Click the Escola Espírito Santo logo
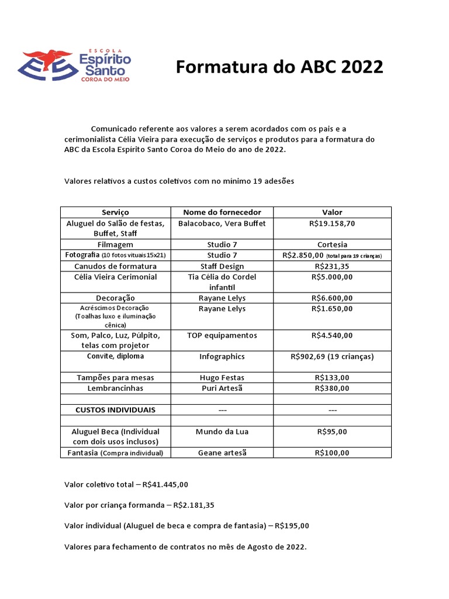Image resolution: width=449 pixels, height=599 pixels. [x=76, y=66]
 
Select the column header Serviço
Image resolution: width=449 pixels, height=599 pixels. [x=115, y=212]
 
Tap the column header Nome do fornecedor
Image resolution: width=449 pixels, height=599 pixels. [x=222, y=212]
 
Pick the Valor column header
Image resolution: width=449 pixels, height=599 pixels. [x=332, y=212]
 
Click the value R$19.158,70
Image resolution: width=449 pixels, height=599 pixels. [x=332, y=223]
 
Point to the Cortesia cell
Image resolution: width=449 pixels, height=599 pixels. [x=332, y=245]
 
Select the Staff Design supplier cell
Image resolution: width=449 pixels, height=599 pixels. [x=222, y=266]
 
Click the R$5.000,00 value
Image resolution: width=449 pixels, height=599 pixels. [x=332, y=277]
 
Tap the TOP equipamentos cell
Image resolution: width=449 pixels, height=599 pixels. [x=222, y=335]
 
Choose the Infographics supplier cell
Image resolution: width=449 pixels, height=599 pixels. [x=222, y=356]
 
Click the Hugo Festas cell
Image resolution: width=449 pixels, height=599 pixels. [x=222, y=378]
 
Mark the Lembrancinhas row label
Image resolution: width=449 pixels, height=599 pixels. [x=115, y=388]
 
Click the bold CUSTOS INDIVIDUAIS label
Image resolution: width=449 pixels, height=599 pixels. [x=115, y=409]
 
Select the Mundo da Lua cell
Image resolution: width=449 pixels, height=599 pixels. [x=222, y=432]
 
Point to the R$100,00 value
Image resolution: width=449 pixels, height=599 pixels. [x=332, y=453]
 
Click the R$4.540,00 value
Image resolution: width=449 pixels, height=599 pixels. [x=332, y=335]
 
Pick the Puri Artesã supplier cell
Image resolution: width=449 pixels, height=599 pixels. [x=222, y=388]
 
